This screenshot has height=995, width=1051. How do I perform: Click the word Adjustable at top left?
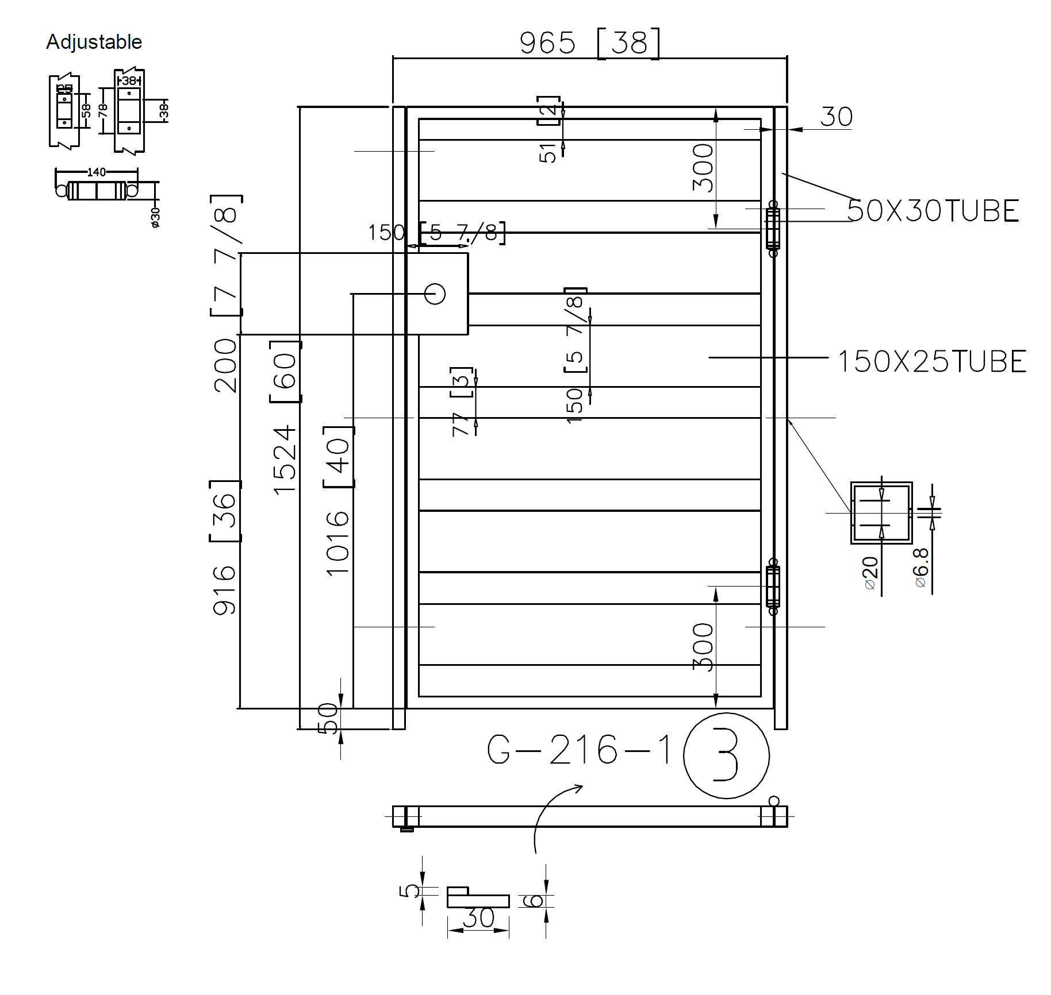click(x=94, y=42)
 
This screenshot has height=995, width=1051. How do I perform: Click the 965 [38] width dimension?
click(x=589, y=43)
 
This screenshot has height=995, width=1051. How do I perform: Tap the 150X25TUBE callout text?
click(x=931, y=362)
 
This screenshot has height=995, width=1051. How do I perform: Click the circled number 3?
click(x=726, y=756)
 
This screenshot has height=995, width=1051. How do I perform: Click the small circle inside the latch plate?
click(x=435, y=294)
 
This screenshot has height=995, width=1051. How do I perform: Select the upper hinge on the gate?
click(x=773, y=228)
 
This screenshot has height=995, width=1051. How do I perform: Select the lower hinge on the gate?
click(x=773, y=587)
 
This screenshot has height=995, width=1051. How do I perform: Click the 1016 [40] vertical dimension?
click(x=338, y=500)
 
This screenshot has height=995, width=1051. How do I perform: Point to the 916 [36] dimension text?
click(x=225, y=546)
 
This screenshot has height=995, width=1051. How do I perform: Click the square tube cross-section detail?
click(x=881, y=512)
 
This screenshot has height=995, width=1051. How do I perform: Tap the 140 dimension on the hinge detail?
click(x=96, y=172)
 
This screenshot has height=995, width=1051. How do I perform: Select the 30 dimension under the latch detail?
click(x=478, y=918)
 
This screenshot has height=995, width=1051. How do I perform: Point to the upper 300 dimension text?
click(x=703, y=168)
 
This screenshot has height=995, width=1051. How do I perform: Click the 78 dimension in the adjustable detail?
click(x=103, y=110)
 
